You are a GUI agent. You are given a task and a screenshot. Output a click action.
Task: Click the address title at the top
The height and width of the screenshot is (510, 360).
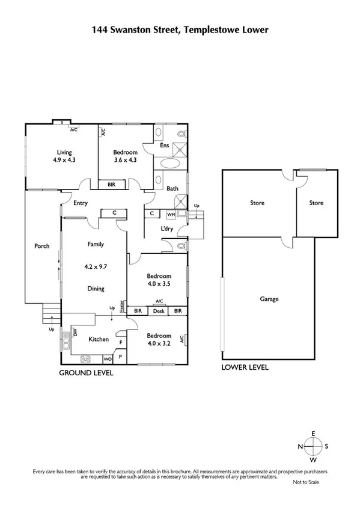(x=180, y=28)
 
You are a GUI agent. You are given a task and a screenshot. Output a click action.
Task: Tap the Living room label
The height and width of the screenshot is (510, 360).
(x=64, y=152)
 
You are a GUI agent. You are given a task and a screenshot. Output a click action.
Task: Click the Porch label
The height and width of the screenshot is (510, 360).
(x=41, y=245)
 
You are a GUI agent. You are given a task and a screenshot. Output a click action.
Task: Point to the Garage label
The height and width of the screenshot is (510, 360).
(x=269, y=299)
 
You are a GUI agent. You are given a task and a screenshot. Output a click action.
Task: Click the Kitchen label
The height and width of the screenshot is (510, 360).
(x=99, y=339)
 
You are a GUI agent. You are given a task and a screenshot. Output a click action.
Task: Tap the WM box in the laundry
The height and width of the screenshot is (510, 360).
(x=171, y=214)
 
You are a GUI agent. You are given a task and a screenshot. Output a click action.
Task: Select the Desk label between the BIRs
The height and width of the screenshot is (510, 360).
(x=159, y=311)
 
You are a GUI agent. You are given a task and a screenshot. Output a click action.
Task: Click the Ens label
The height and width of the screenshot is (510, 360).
(x=164, y=145)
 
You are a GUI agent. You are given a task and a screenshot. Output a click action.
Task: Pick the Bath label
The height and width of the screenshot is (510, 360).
(x=172, y=189)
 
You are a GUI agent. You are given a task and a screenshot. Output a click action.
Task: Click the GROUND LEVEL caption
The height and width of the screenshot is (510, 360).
(x=85, y=373)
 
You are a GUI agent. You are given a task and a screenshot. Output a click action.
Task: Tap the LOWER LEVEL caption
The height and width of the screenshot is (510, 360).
(x=245, y=367)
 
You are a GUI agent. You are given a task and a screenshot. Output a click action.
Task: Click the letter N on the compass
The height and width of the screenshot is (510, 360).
(x=301, y=446)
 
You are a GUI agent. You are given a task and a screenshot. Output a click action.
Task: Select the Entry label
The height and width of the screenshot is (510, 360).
(x=80, y=203)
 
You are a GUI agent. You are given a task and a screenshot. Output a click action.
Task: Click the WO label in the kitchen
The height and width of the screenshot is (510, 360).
(x=108, y=360)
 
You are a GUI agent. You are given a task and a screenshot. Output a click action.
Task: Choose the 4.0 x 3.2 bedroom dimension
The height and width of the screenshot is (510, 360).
(x=159, y=345)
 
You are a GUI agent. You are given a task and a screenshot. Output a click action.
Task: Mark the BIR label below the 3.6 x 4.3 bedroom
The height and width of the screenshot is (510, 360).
(x=111, y=185)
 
